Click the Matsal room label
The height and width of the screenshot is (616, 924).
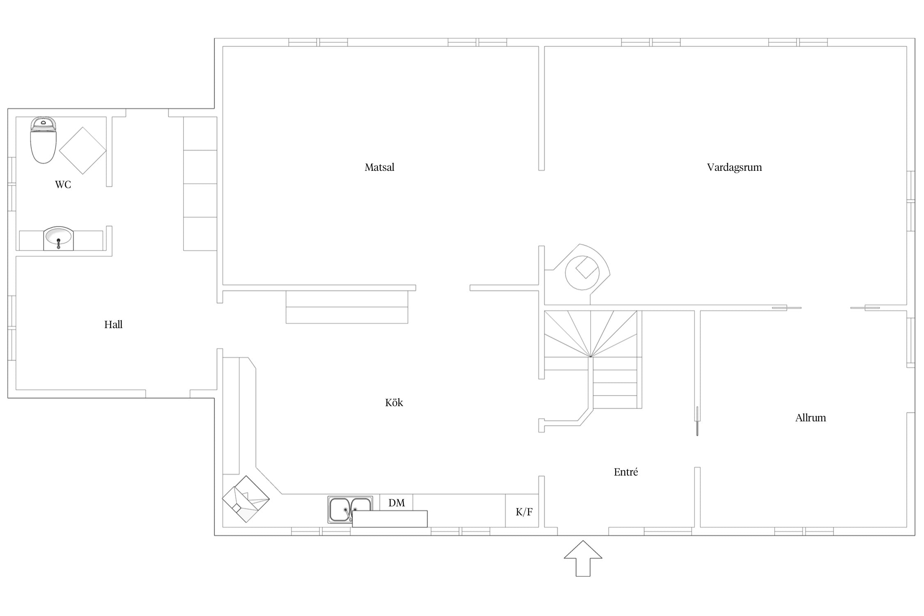point(379,167)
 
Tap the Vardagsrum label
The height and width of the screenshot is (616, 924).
point(734,168)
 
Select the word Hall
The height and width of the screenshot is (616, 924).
point(113,324)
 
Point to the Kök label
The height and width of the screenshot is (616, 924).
point(394,402)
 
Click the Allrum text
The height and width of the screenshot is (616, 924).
point(810,418)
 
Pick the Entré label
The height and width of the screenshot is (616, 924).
point(626,472)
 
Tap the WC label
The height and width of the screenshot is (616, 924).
point(63,184)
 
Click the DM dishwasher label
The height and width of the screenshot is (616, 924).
point(396,503)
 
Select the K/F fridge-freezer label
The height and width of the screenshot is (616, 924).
point(524,512)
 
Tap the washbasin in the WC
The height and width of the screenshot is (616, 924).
point(58,238)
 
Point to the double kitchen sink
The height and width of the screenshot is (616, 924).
point(350,510)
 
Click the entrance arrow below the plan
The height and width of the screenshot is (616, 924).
point(583,559)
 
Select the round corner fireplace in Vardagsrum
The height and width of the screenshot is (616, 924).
point(582,272)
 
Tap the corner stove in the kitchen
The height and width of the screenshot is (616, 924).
point(246,499)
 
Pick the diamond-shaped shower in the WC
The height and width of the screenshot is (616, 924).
point(83,150)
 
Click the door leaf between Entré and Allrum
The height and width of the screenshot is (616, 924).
point(697,421)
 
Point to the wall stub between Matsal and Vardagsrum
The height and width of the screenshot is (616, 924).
point(541,108)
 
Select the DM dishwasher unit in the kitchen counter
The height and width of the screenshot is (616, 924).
point(396,502)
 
